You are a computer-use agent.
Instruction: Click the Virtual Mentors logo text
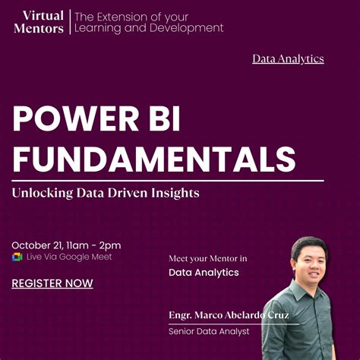39,21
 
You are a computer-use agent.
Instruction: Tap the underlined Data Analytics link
288,58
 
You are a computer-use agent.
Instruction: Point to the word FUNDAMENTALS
154,159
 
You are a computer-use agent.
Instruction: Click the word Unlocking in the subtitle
42,193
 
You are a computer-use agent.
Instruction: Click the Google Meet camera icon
17,257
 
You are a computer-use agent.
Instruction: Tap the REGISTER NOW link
52,283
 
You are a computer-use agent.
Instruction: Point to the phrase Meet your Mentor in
208,258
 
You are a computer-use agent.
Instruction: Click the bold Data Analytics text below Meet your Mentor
204,272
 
